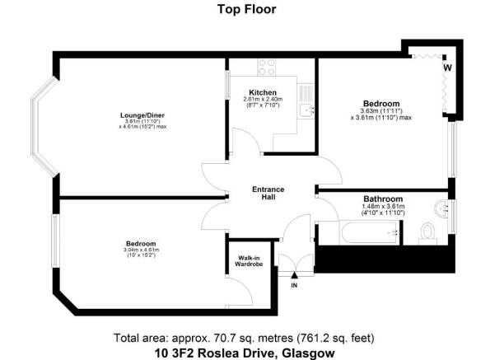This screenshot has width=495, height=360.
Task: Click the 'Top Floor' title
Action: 247,10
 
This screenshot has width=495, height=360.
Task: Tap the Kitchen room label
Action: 264,91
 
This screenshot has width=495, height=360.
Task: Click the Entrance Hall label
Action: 268,194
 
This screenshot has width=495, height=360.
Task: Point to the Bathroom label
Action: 384,199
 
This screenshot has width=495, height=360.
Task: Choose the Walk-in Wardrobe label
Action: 244,262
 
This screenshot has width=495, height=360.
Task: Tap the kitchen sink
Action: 305,110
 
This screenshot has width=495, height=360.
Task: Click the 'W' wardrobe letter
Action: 447,68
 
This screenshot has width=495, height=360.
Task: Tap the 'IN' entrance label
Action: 294,285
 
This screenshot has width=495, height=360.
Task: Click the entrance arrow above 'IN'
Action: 294,275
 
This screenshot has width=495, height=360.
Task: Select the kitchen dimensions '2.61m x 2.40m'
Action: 264,100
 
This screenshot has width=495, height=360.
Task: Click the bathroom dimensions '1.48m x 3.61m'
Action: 384,208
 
